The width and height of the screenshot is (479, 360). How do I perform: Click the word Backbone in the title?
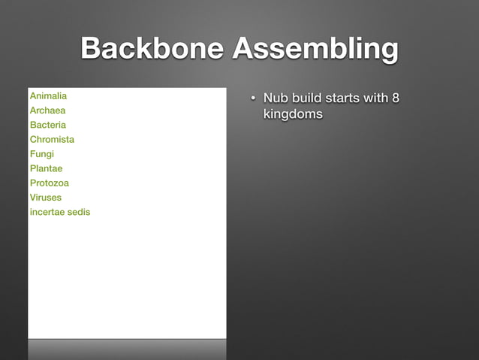pyautogui.click(x=152, y=50)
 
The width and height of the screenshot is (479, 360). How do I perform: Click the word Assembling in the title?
pyautogui.click(x=315, y=50)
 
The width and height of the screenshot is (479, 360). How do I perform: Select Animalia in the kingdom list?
pyautogui.click(x=48, y=96)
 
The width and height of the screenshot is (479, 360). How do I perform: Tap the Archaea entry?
pyautogui.click(x=47, y=110)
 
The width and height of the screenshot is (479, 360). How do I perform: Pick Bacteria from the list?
pyautogui.click(x=48, y=125)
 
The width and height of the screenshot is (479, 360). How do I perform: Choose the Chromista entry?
pyautogui.click(x=52, y=139)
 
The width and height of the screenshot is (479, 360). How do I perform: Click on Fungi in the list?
pyautogui.click(x=41, y=154)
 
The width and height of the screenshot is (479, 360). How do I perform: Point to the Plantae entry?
pyautogui.click(x=46, y=168)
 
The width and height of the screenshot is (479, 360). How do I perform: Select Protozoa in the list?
pyautogui.click(x=49, y=183)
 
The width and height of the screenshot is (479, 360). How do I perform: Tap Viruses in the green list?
pyautogui.click(x=46, y=198)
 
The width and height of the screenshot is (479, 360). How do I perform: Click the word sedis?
pyautogui.click(x=79, y=212)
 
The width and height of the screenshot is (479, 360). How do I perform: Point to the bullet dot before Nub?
pyautogui.click(x=254, y=98)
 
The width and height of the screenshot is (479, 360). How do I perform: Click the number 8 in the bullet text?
pyautogui.click(x=394, y=98)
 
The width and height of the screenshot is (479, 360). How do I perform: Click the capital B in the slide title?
pyautogui.click(x=91, y=50)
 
